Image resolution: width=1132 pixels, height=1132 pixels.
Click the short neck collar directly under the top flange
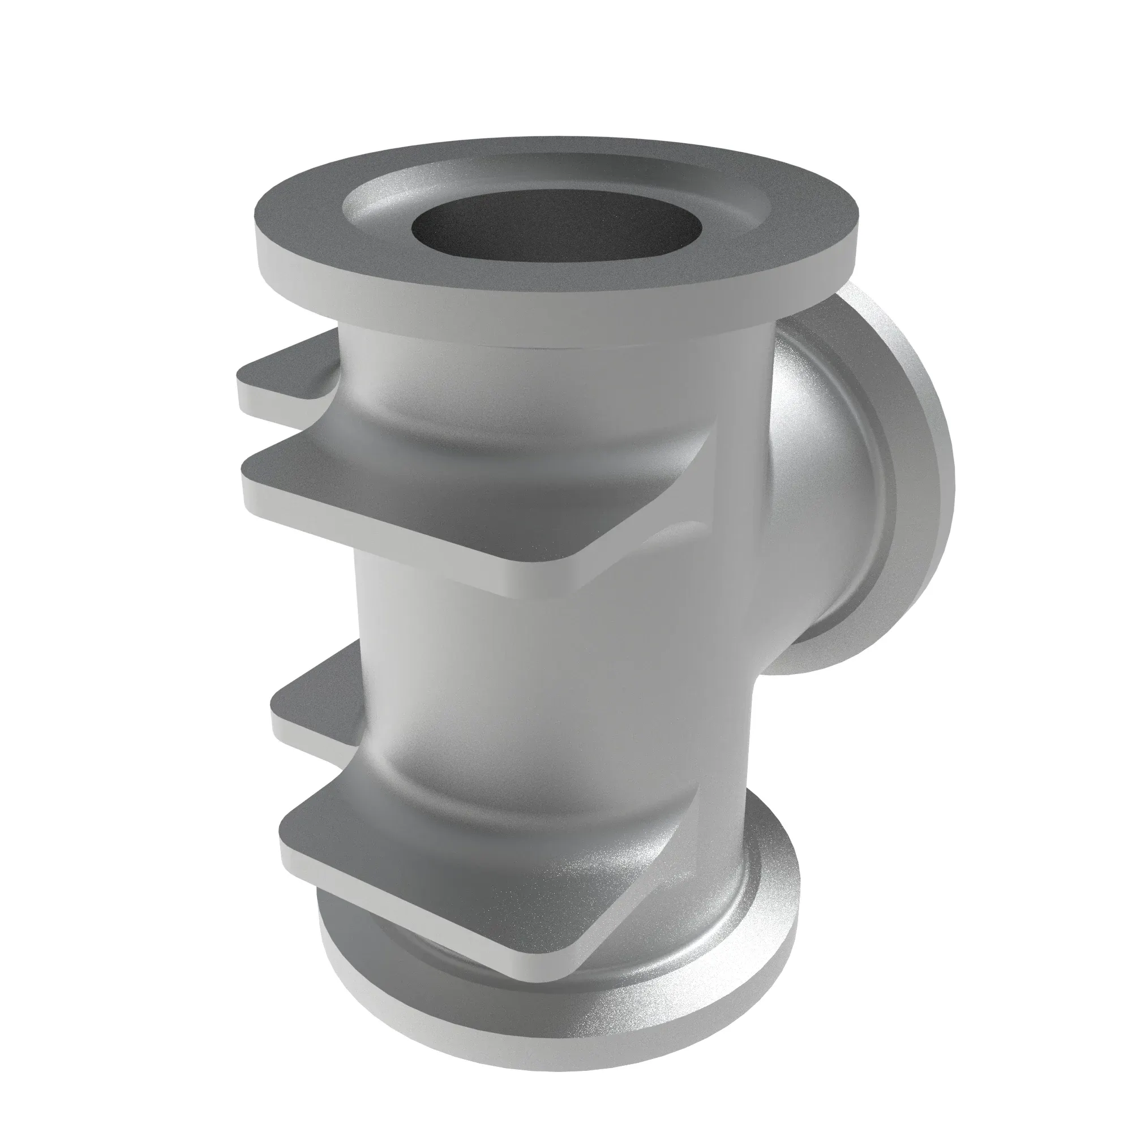[x=528, y=351]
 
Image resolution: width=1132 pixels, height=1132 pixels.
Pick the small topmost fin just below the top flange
[x=281, y=375]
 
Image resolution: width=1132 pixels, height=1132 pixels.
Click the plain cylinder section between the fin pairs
[x=528, y=645]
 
